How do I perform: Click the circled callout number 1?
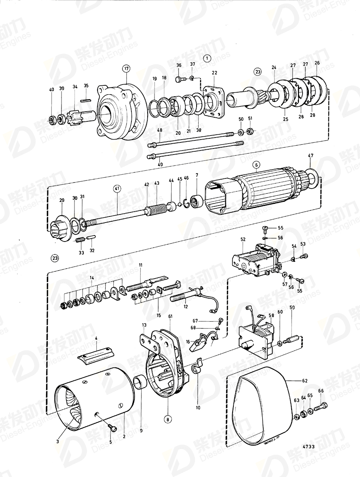point(207,58)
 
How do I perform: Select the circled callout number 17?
point(126,68)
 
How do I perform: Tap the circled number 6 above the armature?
point(256,165)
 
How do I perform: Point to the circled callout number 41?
point(117,188)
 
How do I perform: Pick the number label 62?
point(304,381)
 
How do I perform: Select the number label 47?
point(310,155)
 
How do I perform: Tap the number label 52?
point(243,240)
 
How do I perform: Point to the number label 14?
point(92,278)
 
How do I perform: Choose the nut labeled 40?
point(52,120)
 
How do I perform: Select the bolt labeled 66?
point(322,405)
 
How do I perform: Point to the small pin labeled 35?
point(86,100)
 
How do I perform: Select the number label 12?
point(186,307)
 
